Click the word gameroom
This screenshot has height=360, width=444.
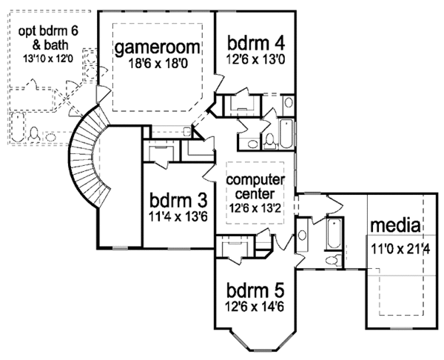click(158, 48)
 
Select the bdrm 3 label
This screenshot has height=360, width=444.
click(178, 201)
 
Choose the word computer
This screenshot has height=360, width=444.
click(255, 180)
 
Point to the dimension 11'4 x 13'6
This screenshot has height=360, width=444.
click(178, 218)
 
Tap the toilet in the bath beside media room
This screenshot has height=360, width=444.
click(333, 259)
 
